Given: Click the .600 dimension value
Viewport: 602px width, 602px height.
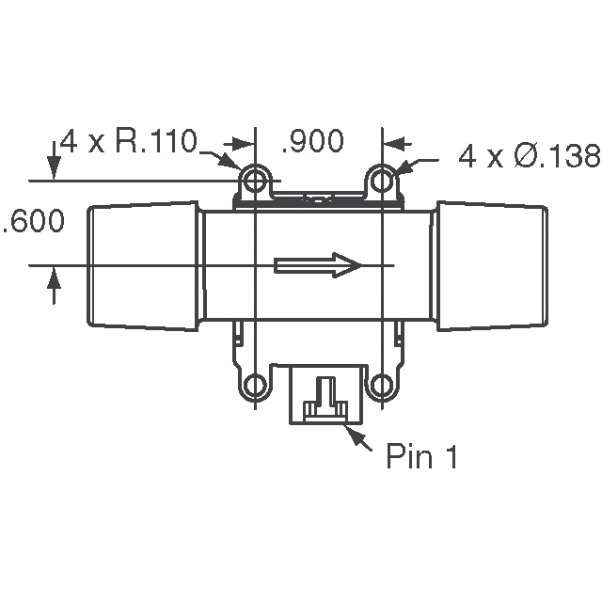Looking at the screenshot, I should click(33, 223).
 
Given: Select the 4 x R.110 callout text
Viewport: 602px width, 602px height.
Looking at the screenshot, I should click(128, 142).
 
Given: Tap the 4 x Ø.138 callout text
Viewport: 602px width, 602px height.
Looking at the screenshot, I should click(529, 156).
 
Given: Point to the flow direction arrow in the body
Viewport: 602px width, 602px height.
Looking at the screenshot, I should click(318, 265).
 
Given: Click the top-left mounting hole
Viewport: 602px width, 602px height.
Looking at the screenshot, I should click(255, 180).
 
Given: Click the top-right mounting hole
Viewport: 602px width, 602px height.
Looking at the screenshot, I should click(381, 180).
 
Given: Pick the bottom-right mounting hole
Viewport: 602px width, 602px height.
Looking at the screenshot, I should click(381, 386).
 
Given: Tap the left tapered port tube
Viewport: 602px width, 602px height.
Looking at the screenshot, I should click(144, 266).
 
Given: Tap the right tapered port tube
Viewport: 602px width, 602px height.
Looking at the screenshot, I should click(491, 266).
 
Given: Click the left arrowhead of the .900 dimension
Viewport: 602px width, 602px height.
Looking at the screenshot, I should click(247, 144).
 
